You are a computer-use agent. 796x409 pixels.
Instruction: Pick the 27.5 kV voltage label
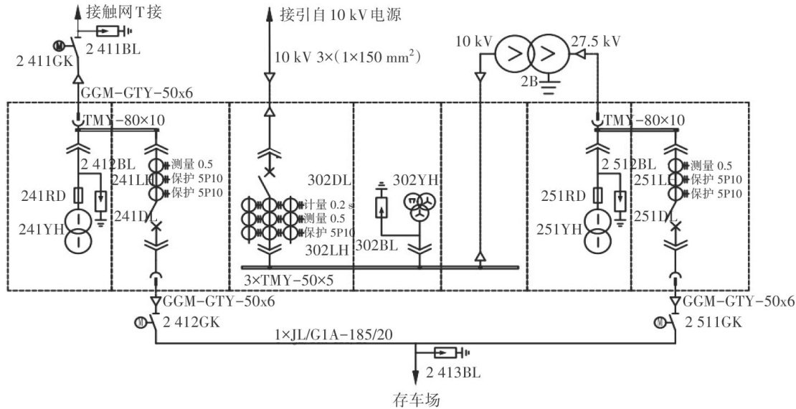click(595, 41)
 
